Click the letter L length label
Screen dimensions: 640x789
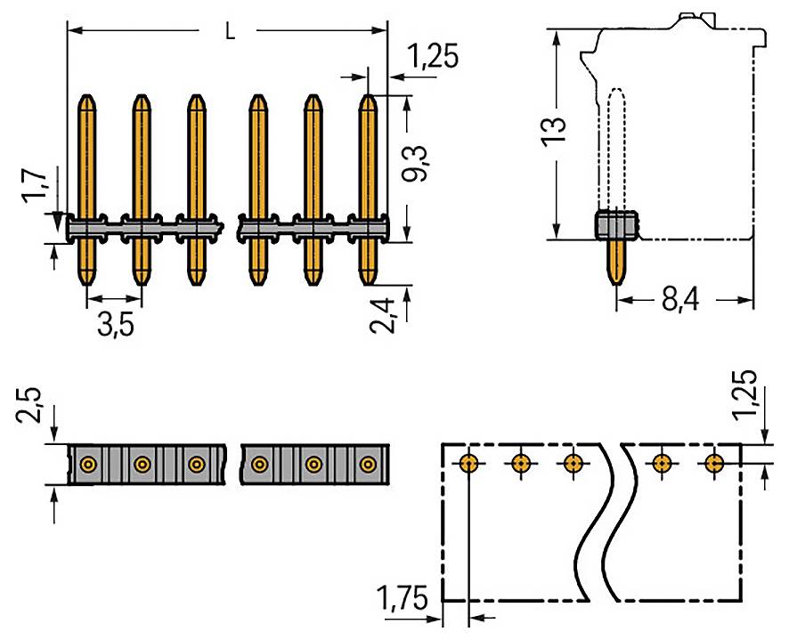click(x=230, y=32)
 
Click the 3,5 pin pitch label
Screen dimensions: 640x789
click(x=116, y=325)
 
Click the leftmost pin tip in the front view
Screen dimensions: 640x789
click(x=87, y=99)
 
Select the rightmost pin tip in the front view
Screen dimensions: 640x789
click(x=368, y=99)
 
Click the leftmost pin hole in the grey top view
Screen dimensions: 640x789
click(x=87, y=464)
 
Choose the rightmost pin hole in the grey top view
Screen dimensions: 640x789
click(x=368, y=464)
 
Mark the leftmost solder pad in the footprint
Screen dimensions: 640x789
click(x=468, y=463)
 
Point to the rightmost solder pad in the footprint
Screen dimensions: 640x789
click(x=714, y=463)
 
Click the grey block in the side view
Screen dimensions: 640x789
click(x=615, y=225)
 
